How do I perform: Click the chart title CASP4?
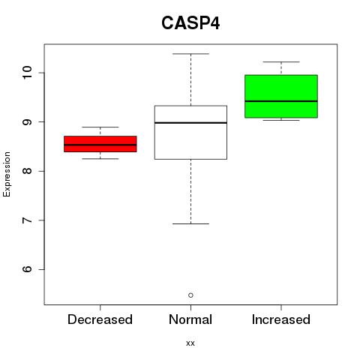pyautogui.click(x=190, y=23)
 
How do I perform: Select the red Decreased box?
pyautogui.click(x=100, y=144)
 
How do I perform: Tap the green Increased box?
pyautogui.click(x=281, y=96)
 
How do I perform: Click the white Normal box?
pyautogui.click(x=190, y=133)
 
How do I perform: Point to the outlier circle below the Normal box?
pyautogui.click(x=190, y=295)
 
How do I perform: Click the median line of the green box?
pyautogui.click(x=281, y=101)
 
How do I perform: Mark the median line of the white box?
pyautogui.click(x=190, y=123)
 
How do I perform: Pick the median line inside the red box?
pyautogui.click(x=100, y=145)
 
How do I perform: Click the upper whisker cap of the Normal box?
pyautogui.click(x=190, y=54)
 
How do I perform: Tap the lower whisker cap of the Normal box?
pyautogui.click(x=190, y=223)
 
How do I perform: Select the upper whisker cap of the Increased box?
pyautogui.click(x=281, y=61)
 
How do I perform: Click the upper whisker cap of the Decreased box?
pyautogui.click(x=100, y=127)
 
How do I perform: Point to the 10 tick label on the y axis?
pyautogui.click(x=27, y=73)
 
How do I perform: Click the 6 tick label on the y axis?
pyautogui.click(x=27, y=269)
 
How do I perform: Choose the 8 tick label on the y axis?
pyautogui.click(x=27, y=171)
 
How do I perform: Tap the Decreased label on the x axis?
pyautogui.click(x=100, y=319)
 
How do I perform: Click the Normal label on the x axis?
pyautogui.click(x=190, y=319)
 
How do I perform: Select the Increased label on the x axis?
pyautogui.click(x=281, y=319)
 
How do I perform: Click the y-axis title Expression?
pyautogui.click(x=7, y=174)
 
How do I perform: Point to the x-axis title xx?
pyautogui.click(x=190, y=343)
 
